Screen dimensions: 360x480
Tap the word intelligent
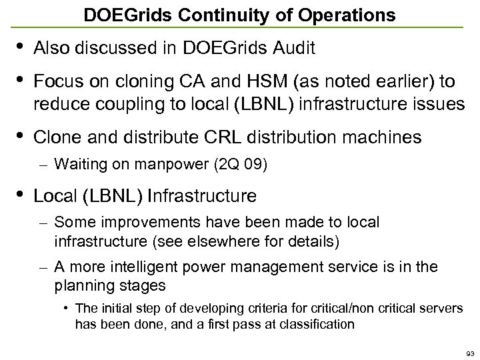[155, 267]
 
